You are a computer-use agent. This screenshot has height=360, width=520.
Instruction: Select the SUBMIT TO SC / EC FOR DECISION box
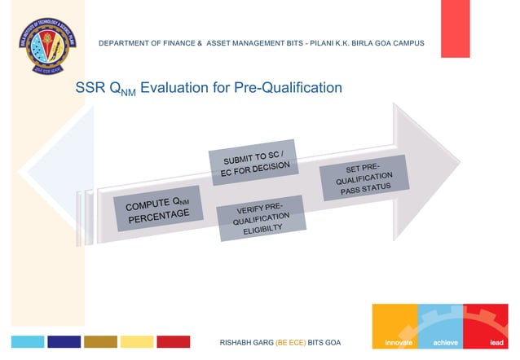pos(253,163)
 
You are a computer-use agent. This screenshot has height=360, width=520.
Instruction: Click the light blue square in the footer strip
pos(27,341)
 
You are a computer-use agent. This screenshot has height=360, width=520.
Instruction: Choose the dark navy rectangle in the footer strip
pos(64,341)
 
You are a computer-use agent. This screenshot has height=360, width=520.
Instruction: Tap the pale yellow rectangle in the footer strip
pos(137,341)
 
